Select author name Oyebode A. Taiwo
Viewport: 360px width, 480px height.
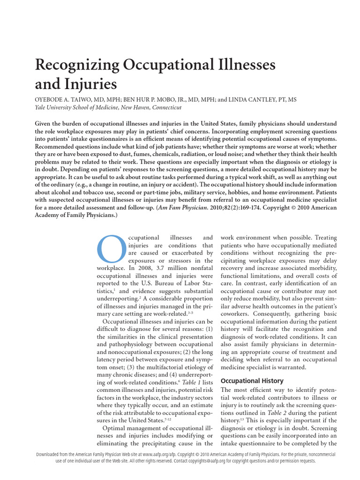click(x=64, y=100)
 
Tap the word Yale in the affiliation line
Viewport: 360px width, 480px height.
click(x=42, y=107)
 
